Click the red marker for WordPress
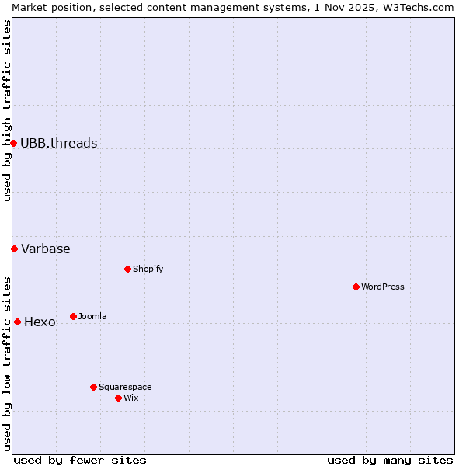(356, 287)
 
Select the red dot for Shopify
(127, 269)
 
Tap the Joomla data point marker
(73, 316)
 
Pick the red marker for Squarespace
(93, 387)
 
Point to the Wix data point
(118, 398)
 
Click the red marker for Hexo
(17, 322)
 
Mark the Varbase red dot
(14, 249)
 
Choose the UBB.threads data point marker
(13, 143)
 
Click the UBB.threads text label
(59, 143)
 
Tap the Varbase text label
(46, 249)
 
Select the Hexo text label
(40, 322)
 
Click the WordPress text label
(383, 287)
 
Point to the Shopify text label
(148, 269)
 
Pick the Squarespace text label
(125, 387)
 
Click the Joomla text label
(92, 316)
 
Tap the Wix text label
(131, 398)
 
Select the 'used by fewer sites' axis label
(80, 460)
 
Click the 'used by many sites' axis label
(390, 460)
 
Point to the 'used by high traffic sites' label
(7, 110)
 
